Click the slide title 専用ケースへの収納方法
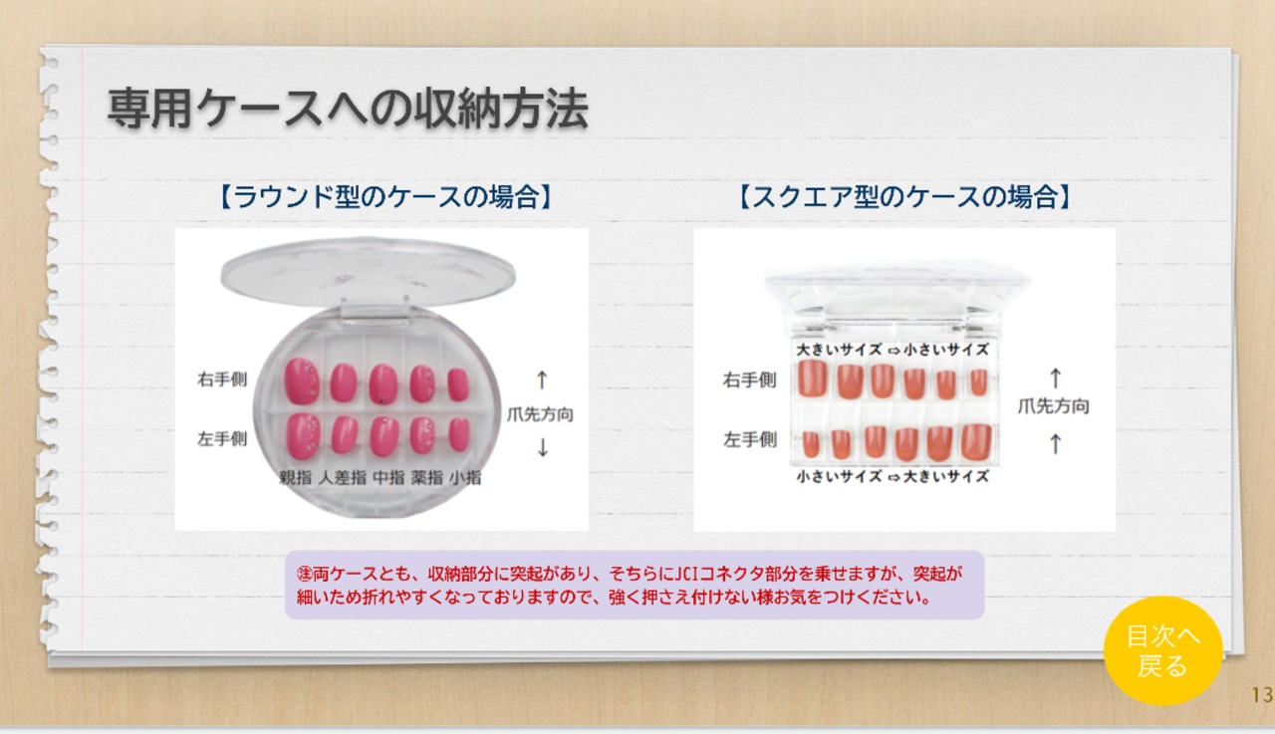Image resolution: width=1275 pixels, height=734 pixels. tap(348, 109)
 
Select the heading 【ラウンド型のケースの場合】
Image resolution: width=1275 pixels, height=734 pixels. tap(385, 197)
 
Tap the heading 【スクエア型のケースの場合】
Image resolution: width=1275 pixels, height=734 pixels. tap(905, 197)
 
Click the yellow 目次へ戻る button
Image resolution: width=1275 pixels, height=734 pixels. tap(1162, 651)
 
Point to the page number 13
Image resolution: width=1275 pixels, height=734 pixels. tap(1262, 695)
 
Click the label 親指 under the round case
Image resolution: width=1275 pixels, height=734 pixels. tap(296, 477)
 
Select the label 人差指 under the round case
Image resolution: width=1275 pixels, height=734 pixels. tap(342, 477)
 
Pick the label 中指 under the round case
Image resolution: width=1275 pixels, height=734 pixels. tap(388, 477)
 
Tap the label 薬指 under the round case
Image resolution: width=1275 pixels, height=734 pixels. tap(427, 477)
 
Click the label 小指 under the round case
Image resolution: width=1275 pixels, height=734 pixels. tap(465, 477)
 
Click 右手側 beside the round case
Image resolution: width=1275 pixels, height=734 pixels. tap(222, 378)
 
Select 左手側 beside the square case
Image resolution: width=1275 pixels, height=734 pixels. tap(750, 439)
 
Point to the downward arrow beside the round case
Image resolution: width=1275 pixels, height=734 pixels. tap(543, 448)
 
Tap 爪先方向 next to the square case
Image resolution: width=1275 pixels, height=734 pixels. tap(1054, 406)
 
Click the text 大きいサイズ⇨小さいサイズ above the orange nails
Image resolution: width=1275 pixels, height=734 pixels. tap(892, 350)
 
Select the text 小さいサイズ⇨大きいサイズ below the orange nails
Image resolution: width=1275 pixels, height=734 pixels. tap(892, 476)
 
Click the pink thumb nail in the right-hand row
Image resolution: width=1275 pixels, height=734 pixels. tap(301, 381)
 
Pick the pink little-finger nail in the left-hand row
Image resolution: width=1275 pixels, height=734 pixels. tap(459, 434)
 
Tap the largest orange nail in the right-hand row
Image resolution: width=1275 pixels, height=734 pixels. tap(812, 377)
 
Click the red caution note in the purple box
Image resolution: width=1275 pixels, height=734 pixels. tap(630, 585)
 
